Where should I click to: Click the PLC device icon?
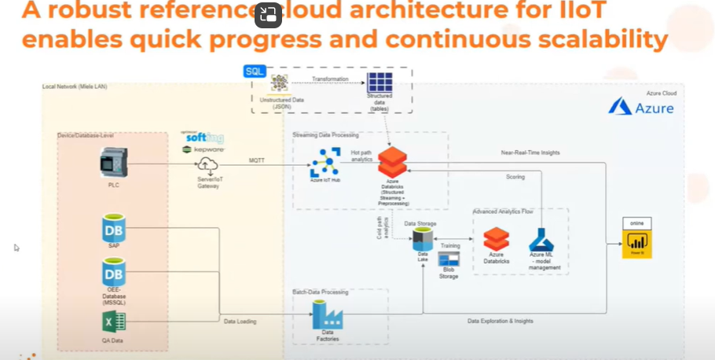114,164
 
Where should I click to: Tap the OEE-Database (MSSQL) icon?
114,274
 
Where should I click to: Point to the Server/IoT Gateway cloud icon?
207,165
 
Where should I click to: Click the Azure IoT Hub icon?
324,163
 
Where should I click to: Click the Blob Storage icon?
449,259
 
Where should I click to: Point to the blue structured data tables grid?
380,83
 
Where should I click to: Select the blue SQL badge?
255,72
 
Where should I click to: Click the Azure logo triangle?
620,107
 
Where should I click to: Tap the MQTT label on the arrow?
258,160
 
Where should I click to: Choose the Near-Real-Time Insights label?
532,152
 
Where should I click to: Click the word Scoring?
515,177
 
